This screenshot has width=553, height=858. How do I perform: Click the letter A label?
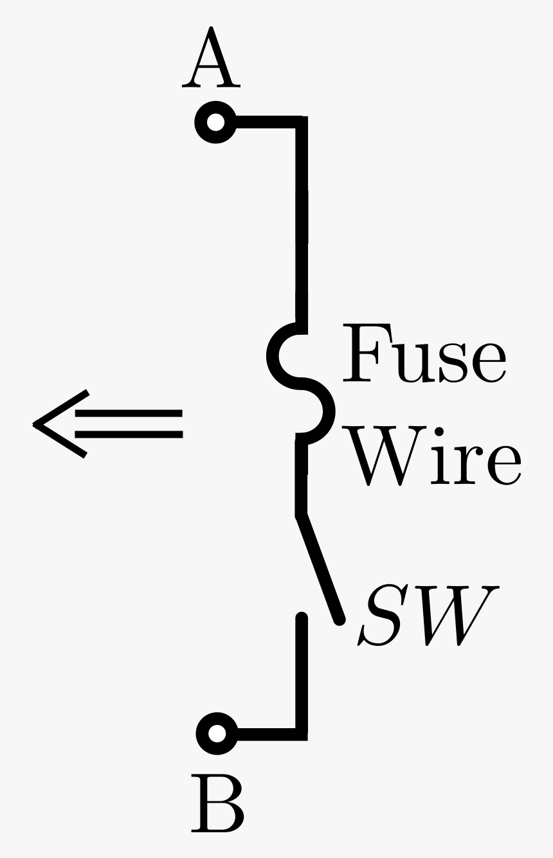pos(211,58)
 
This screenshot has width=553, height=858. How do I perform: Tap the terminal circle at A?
pos(216,122)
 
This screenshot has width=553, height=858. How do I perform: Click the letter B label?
pos(217,803)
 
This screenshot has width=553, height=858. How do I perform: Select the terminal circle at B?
pos(217,733)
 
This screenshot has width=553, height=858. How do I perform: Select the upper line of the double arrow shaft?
pos(129,413)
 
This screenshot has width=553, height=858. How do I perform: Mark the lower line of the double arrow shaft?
pos(129,435)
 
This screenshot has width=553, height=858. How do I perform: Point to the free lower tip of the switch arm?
pos(339,620)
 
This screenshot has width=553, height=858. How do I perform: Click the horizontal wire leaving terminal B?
pos(267,733)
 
